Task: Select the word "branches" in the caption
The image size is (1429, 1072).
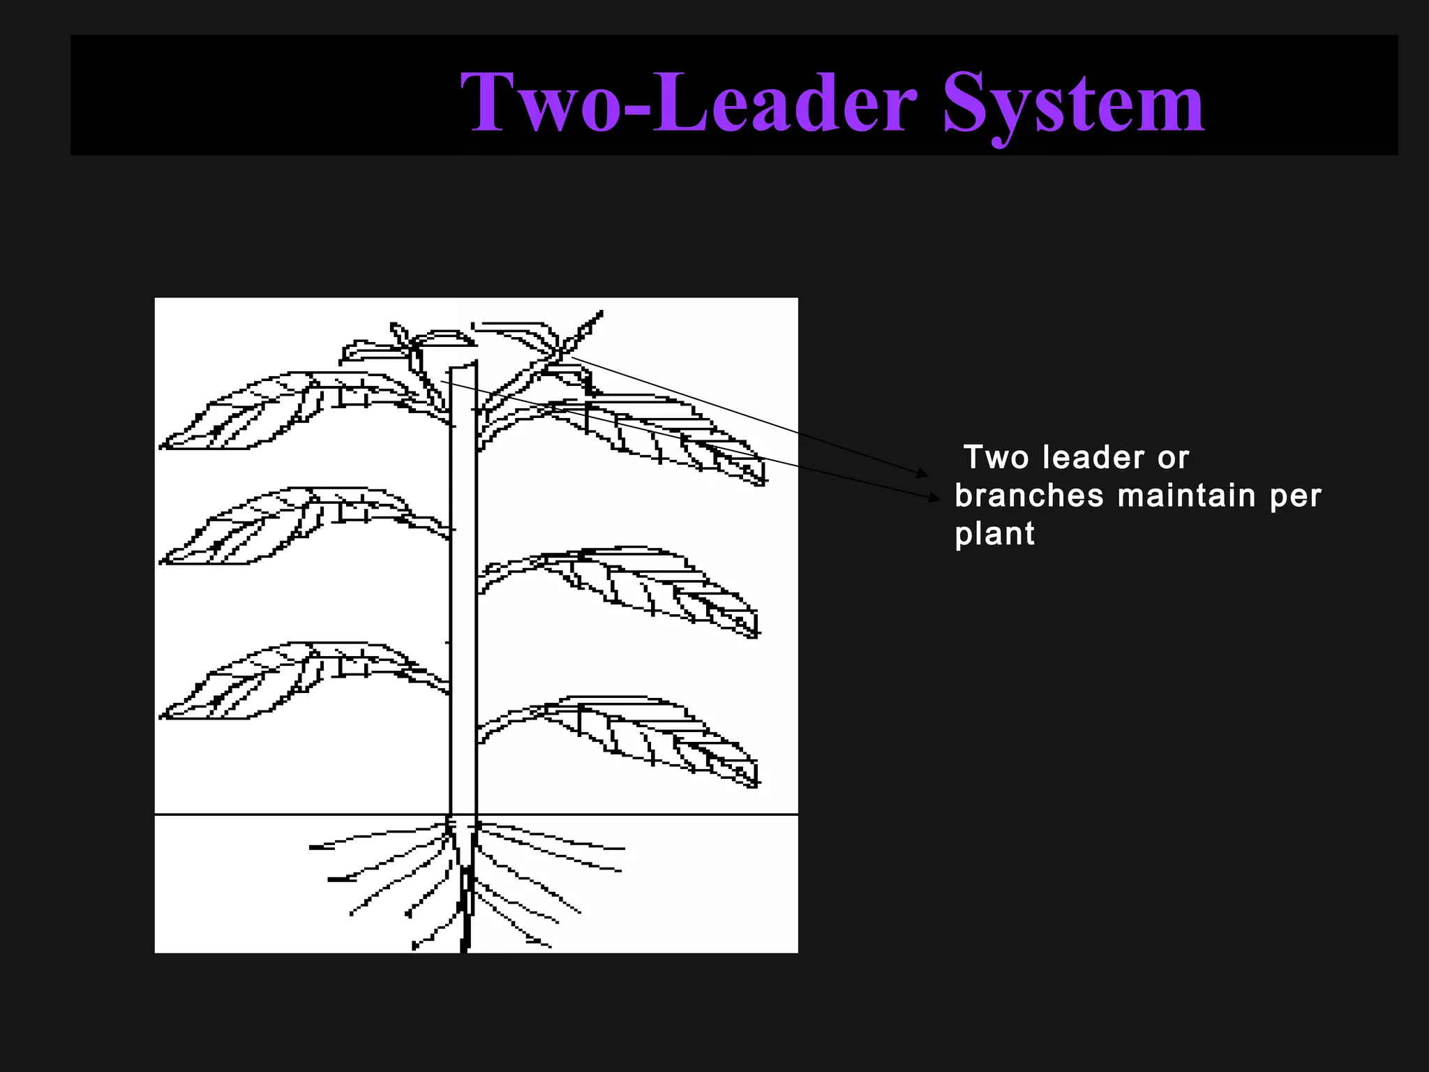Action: pos(1029,496)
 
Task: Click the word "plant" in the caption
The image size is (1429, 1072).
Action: pos(994,535)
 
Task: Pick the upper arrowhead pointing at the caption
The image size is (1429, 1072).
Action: pos(923,473)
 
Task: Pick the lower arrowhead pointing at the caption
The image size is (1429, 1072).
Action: pos(934,498)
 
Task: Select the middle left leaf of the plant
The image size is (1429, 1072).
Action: pos(265,527)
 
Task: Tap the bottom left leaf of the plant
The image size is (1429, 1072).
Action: pos(265,683)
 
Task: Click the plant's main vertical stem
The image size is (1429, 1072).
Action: pos(463,593)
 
